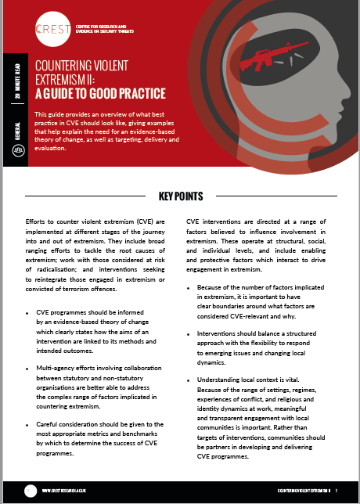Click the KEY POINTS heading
[180, 196]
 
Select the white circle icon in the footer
[31, 490]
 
